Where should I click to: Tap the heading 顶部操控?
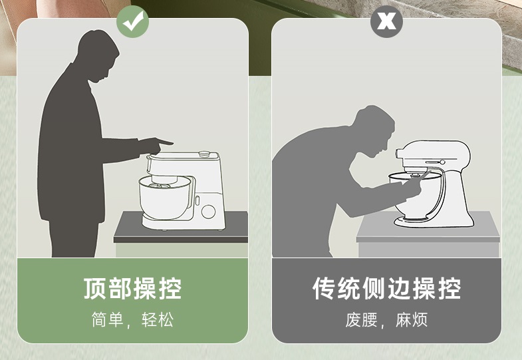click(x=132, y=289)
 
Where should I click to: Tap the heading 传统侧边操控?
click(x=386, y=289)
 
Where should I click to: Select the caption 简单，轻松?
click(x=132, y=319)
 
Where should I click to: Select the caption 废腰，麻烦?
click(x=386, y=319)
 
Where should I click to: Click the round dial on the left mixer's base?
click(x=209, y=211)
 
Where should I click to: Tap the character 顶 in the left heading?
click(x=94, y=289)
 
